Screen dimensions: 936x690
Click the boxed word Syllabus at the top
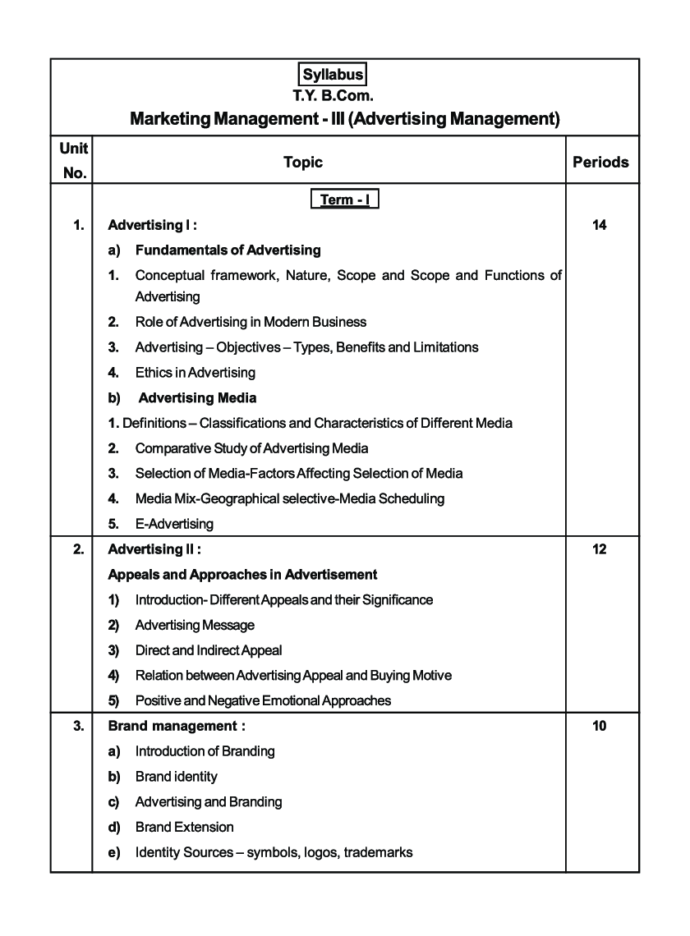pyautogui.click(x=333, y=75)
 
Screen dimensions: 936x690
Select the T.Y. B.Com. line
pyautogui.click(x=333, y=95)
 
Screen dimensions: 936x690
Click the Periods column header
pyautogui.click(x=600, y=162)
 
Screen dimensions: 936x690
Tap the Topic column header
pyautogui.click(x=303, y=162)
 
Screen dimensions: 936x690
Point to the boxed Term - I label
pyautogui.click(x=344, y=200)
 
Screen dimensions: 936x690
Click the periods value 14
pyautogui.click(x=599, y=225)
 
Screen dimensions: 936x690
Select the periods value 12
pyautogui.click(x=599, y=549)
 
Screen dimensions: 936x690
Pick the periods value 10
pyautogui.click(x=599, y=726)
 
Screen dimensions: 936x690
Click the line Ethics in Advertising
pyautogui.click(x=195, y=373)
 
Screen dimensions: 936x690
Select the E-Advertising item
pyautogui.click(x=174, y=524)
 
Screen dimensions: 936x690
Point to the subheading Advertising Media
pyautogui.click(x=197, y=398)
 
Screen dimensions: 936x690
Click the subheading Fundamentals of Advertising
pyautogui.click(x=228, y=250)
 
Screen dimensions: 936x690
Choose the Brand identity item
pyautogui.click(x=176, y=777)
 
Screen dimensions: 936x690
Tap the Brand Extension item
pyautogui.click(x=184, y=827)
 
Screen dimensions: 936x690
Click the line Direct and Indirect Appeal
pyautogui.click(x=208, y=650)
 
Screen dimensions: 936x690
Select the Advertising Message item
pyautogui.click(x=195, y=626)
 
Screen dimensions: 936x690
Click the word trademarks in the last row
pyautogui.click(x=378, y=852)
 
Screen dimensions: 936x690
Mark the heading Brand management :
pyautogui.click(x=177, y=726)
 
